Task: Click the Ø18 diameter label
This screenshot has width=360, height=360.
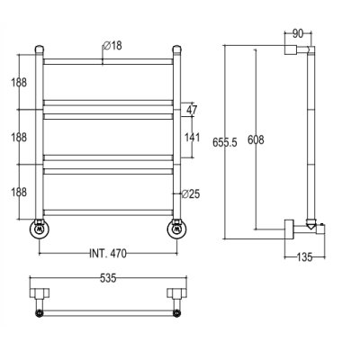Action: (112, 46)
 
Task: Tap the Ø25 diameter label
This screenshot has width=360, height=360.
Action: (191, 194)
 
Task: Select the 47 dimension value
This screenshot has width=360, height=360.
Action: (192, 110)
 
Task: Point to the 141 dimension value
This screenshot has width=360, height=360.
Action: (192, 138)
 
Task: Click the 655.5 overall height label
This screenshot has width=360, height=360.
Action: (225, 142)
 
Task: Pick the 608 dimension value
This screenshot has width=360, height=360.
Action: (256, 139)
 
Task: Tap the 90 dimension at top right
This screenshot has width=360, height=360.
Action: (298, 34)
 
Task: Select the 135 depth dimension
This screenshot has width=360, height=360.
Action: (304, 257)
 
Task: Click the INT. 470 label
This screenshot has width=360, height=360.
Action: (108, 254)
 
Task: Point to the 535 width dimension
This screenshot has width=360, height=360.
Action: (108, 278)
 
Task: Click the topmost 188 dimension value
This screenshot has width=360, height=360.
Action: (19, 82)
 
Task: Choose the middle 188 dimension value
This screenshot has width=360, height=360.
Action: (19, 138)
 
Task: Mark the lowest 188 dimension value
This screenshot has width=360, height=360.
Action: (19, 193)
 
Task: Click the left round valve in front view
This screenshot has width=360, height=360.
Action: (40, 229)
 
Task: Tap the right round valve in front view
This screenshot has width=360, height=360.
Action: (177, 229)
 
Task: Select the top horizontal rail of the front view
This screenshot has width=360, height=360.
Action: (108, 62)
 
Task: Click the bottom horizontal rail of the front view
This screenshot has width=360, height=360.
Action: (108, 212)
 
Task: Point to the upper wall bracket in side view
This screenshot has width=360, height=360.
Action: (291, 49)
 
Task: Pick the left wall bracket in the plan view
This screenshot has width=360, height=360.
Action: (40, 293)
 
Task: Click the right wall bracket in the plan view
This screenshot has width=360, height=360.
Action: (177, 293)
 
